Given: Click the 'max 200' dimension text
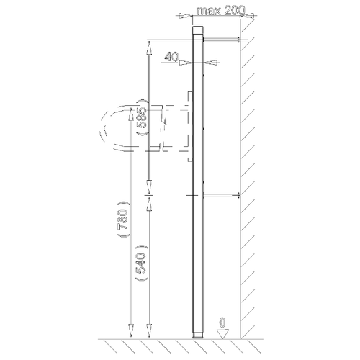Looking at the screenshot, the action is tap(221, 11).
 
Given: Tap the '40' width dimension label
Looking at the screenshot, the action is tap(171, 57).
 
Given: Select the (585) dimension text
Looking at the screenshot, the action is tap(143, 117).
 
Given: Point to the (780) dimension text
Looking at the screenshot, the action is tap(124, 219).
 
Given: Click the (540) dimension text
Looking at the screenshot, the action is tap(142, 263).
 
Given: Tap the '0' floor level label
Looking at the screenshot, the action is tap(222, 323).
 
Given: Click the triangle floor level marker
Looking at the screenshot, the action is tap(222, 334).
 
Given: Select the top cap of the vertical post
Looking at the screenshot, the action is tap(198, 30).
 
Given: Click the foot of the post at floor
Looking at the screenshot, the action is tap(198, 336).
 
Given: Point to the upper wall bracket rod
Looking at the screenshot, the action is tap(221, 40).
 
